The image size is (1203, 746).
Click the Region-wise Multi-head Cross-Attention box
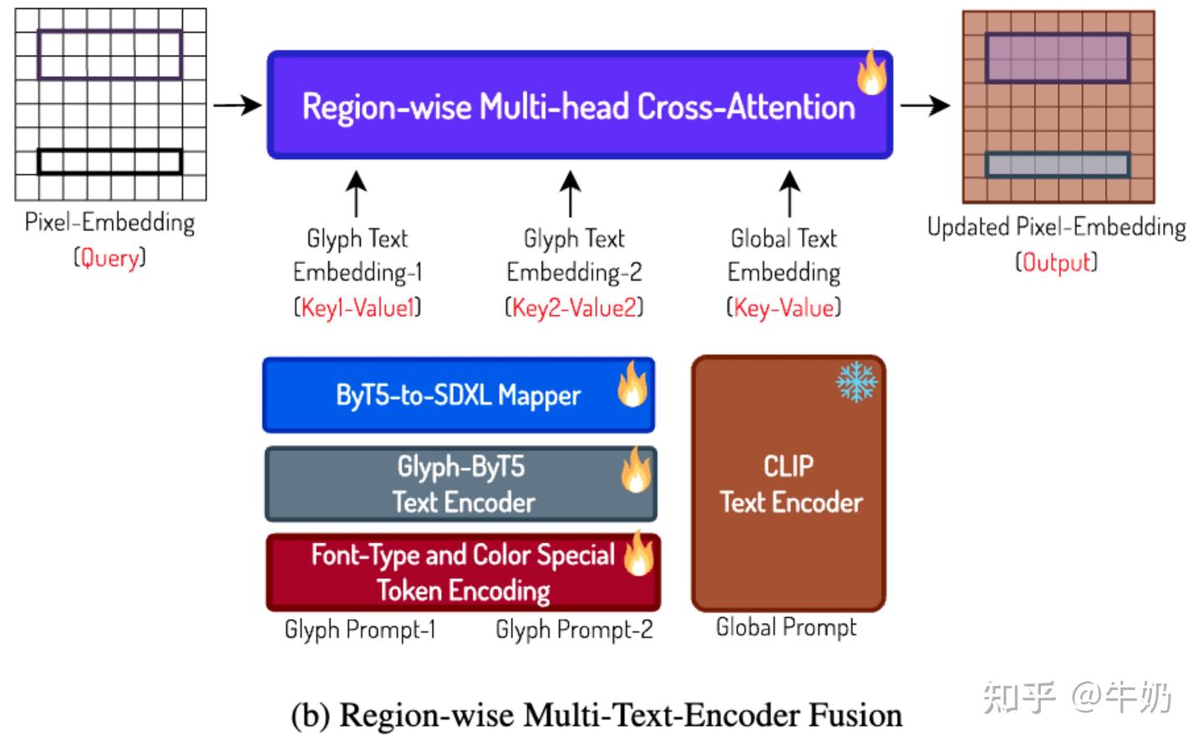point(579,106)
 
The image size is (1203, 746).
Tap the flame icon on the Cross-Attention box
point(871,73)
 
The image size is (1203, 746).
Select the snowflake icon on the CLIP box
point(856,382)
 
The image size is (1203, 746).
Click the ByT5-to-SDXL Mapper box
point(458,395)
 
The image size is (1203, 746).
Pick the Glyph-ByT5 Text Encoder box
point(461,485)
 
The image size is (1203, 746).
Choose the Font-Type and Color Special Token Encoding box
point(463,573)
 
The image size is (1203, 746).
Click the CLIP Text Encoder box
point(789,485)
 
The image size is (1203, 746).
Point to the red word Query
point(109,258)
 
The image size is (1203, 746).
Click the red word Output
point(1057,262)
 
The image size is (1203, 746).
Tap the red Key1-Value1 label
point(358,308)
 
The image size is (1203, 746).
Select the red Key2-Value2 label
point(574,308)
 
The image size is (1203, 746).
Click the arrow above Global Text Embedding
point(789,194)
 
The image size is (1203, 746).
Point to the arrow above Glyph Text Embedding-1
point(357,194)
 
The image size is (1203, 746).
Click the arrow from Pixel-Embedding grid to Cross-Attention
point(237,105)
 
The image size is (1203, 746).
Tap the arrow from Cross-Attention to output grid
point(925,105)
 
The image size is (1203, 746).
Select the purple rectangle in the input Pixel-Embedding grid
point(109,55)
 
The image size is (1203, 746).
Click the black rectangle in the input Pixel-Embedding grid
point(109,162)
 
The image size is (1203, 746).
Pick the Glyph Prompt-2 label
point(574,630)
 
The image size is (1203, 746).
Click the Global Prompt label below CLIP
point(786,627)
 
